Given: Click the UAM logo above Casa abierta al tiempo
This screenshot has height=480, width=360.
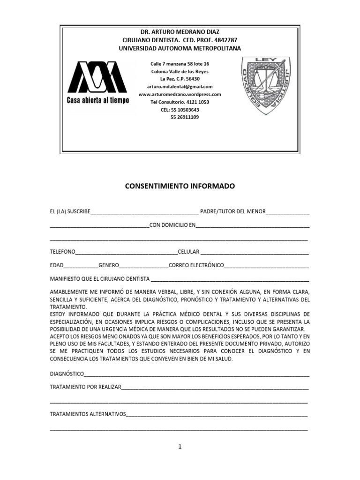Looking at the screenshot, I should pos(98,77).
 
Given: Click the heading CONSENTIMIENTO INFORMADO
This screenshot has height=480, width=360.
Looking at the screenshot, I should pos(180,186).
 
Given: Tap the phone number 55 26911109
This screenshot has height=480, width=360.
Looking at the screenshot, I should pos(184,117).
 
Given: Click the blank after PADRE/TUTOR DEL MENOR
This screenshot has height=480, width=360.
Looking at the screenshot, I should pos(287,212).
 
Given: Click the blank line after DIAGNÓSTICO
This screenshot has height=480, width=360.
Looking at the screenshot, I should pos(197,375).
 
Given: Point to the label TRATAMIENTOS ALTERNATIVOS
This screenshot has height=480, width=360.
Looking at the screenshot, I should pos(88,414).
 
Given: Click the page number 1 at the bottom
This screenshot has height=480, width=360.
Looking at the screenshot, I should pos(180,447).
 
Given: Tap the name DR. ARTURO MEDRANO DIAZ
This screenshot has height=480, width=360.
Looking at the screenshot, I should pos(180,32).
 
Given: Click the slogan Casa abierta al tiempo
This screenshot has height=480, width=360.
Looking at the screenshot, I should pos(98,101).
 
